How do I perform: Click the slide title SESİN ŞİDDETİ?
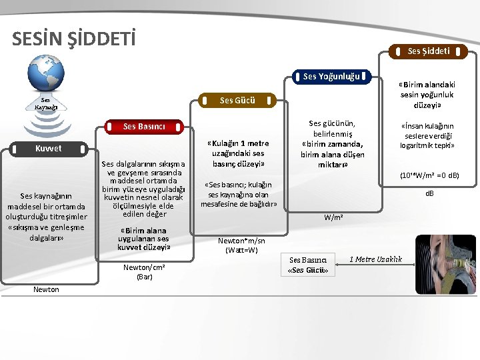click(x=73, y=39)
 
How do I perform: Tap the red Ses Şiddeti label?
click(x=428, y=51)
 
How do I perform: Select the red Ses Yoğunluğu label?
click(x=331, y=77)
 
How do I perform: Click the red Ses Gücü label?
click(x=237, y=101)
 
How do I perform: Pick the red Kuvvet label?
click(x=48, y=149)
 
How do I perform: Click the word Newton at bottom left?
click(x=47, y=289)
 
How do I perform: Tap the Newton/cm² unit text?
click(x=145, y=267)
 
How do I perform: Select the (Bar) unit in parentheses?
click(x=145, y=277)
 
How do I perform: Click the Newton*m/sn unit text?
click(x=241, y=241)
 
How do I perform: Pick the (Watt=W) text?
click(x=241, y=251)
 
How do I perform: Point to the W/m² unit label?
click(x=334, y=217)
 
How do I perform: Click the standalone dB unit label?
click(x=429, y=194)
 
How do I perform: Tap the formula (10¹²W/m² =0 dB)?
click(x=429, y=176)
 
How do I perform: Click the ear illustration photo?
click(x=445, y=263)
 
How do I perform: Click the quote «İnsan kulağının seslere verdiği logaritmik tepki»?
click(x=427, y=135)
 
